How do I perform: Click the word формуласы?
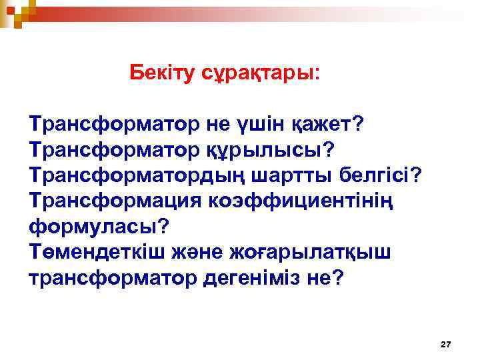pos(99,226)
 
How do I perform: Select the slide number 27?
pos(446,344)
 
